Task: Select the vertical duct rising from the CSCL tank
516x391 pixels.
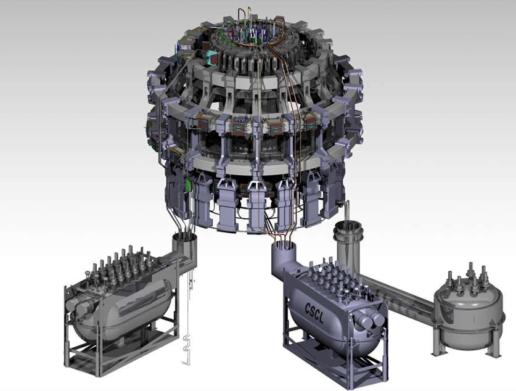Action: (x=283, y=259)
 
